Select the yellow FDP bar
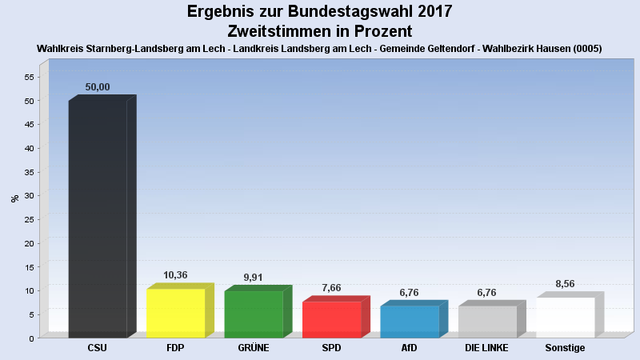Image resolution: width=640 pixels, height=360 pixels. tap(176, 313)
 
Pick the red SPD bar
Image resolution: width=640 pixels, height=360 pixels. tap(332, 319)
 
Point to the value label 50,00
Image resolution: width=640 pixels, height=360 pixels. tap(98, 87)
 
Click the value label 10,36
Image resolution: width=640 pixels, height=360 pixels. tap(175, 275)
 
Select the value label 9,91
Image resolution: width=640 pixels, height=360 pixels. tap(254, 278)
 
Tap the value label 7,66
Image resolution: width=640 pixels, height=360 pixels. tap(331, 288)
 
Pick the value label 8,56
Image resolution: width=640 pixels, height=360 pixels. tap(565, 284)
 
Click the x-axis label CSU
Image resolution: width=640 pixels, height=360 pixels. tap(97, 348)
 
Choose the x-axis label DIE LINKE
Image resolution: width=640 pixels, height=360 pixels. tap(486, 348)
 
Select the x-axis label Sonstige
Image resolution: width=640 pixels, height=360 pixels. tap(565, 348)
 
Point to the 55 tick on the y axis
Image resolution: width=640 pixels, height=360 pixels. tap(29, 77)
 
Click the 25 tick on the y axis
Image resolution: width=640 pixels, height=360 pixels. tap(29, 219)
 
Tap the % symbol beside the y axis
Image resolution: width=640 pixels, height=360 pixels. tap(14, 198)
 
